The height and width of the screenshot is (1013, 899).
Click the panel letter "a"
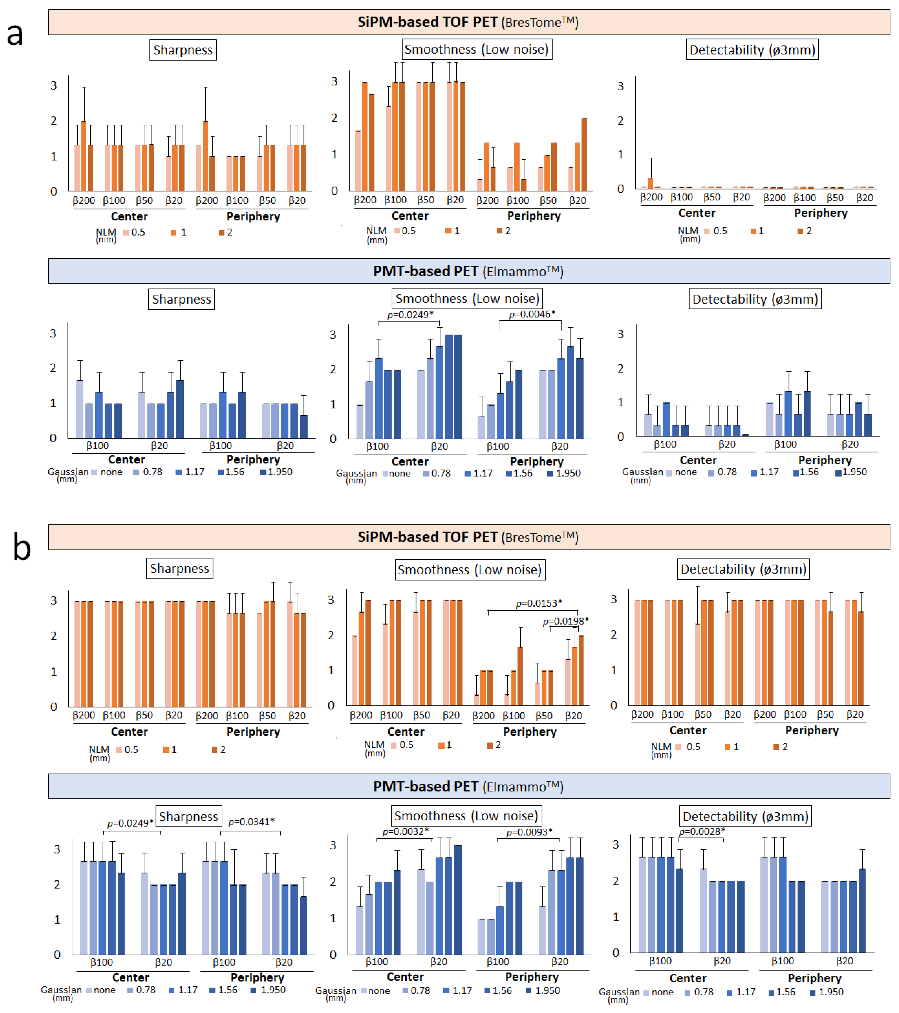tap(15, 35)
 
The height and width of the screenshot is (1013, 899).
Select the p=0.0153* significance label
tap(539, 603)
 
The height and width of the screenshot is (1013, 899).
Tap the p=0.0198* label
tap(566, 621)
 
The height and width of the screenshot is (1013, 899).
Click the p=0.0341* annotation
tap(251, 822)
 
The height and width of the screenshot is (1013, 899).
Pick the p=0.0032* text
tap(405, 831)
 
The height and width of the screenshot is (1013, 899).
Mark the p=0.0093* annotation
tap(529, 831)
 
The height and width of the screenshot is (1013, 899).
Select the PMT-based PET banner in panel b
tap(468, 787)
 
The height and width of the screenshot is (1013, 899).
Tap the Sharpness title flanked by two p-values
tap(188, 816)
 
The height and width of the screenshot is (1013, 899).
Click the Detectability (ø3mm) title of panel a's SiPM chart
tap(752, 50)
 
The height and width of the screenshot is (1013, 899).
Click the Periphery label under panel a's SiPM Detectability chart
tap(821, 213)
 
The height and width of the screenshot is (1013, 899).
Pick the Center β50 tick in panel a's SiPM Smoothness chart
tap(425, 200)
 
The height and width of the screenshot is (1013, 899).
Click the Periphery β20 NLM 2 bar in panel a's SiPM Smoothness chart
tap(584, 155)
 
